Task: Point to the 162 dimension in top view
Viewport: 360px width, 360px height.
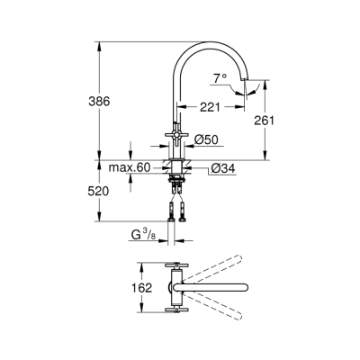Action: tap(129, 289)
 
